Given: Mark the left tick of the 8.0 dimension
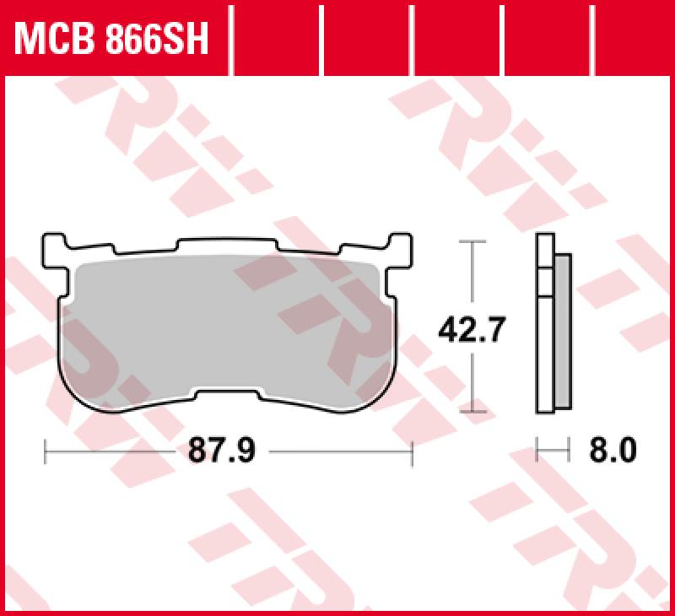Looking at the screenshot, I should [x=537, y=451].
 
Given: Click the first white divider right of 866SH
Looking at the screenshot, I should [x=231, y=38].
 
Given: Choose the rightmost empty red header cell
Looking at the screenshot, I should [x=633, y=38].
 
